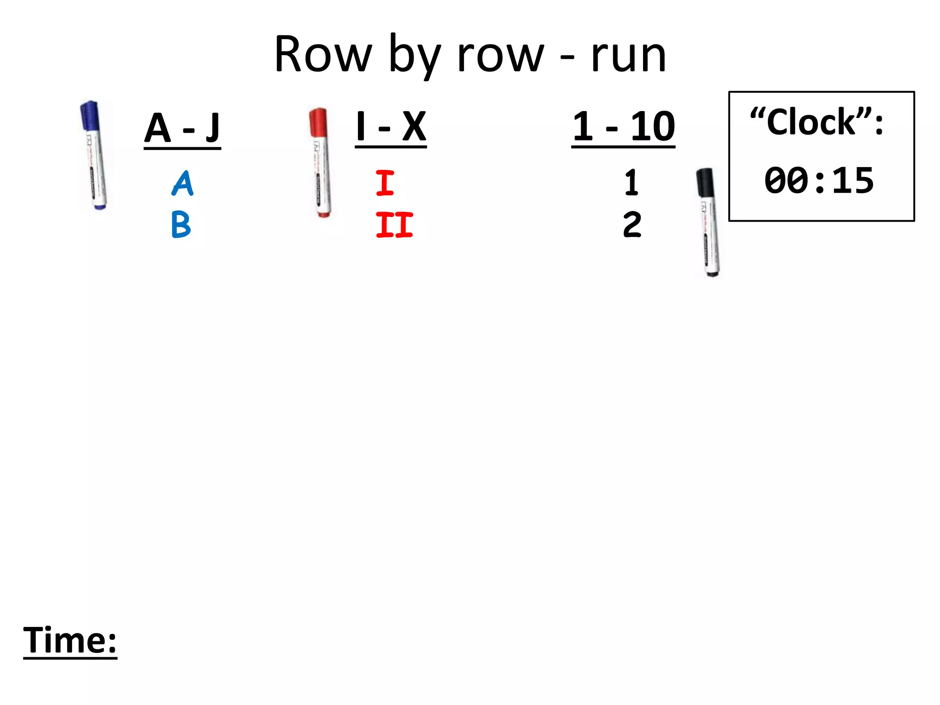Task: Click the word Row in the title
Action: (x=323, y=55)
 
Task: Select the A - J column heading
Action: (x=182, y=129)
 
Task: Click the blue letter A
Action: (x=183, y=184)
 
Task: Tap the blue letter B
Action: (x=181, y=224)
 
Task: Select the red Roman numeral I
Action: (x=385, y=183)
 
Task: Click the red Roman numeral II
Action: (x=394, y=224)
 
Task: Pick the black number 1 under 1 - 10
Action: (x=632, y=183)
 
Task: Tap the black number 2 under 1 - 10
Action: (x=632, y=224)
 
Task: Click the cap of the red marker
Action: (x=318, y=122)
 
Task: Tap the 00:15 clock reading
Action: (x=819, y=180)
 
